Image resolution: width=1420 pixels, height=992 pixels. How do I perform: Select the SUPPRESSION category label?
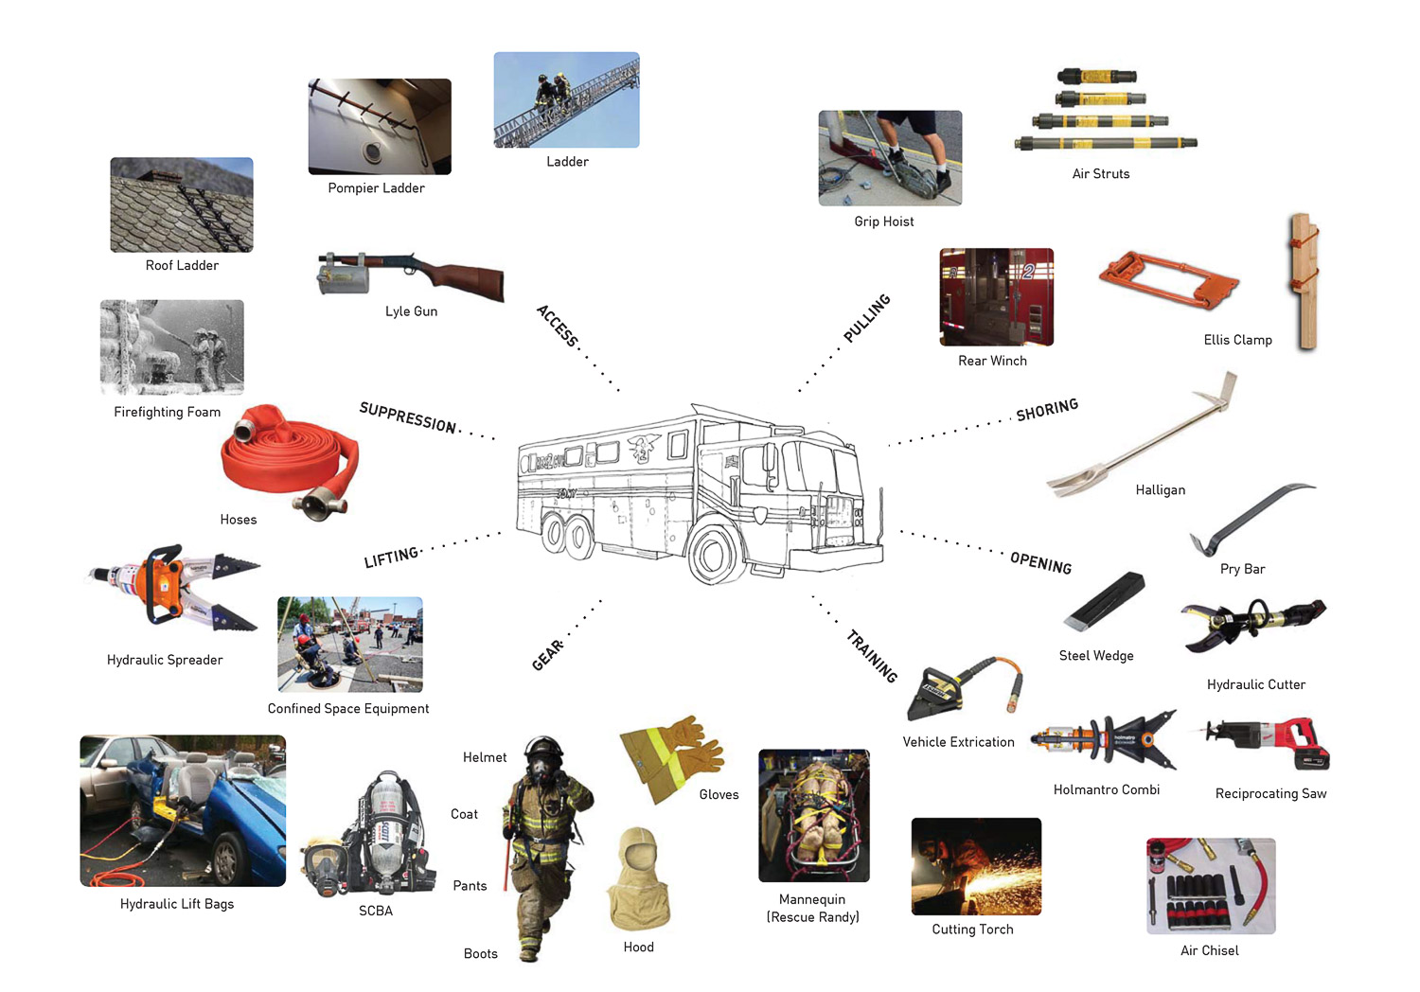tap(407, 416)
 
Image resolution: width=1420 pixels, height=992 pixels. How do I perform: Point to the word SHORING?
tap(1047, 410)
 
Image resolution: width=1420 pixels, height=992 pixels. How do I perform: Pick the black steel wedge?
tap(1104, 601)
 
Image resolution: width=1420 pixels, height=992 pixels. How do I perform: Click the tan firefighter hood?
tap(640, 880)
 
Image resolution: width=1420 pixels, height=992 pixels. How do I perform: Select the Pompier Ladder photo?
tap(380, 127)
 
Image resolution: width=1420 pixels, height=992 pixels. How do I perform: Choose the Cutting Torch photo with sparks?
tap(976, 866)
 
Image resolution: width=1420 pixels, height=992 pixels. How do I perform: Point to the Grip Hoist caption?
tap(884, 221)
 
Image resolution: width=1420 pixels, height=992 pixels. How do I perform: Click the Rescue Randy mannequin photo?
tap(814, 816)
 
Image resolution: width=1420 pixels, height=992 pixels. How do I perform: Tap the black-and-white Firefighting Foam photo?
tap(172, 347)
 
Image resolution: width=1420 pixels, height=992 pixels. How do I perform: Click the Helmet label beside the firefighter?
tap(485, 757)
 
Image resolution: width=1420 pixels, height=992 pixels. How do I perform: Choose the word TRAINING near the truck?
tap(872, 656)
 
